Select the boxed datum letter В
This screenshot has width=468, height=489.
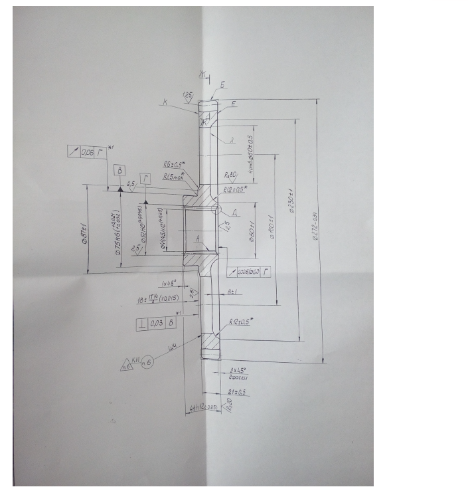[119, 171]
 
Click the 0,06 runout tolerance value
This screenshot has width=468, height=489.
[88, 152]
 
